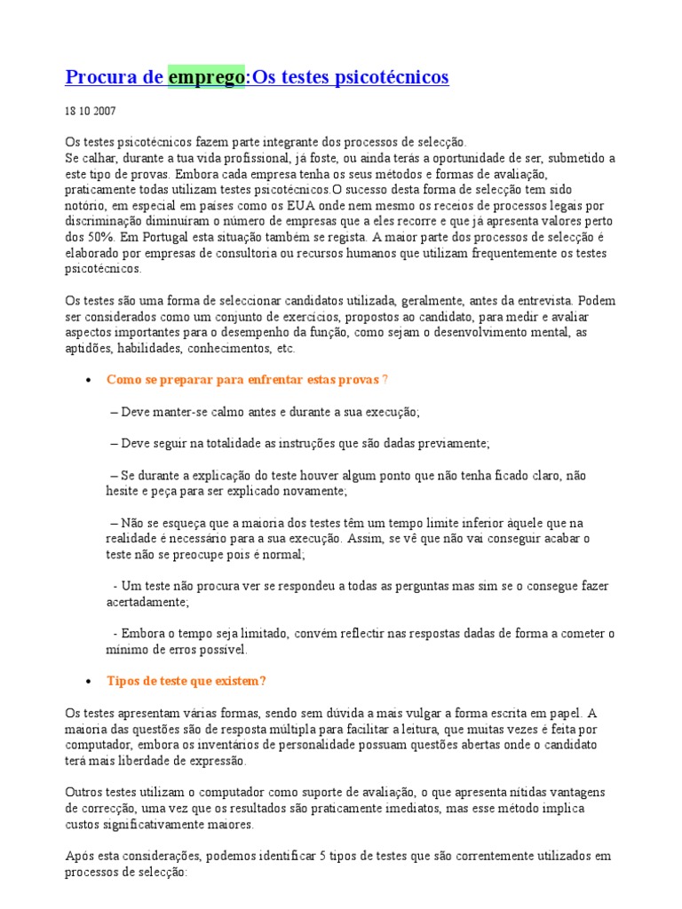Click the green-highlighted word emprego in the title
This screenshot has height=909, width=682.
pyautogui.click(x=206, y=77)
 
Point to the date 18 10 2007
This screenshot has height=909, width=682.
pyautogui.click(x=90, y=112)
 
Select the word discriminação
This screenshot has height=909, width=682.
pyautogui.click(x=109, y=221)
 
